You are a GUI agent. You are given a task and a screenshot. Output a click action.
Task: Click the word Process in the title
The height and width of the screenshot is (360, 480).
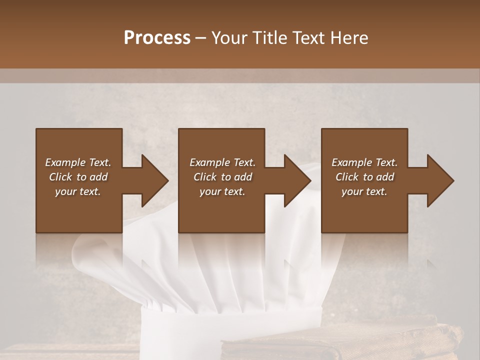pyautogui.click(x=157, y=38)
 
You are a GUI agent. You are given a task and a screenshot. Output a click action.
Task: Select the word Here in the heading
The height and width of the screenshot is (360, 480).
pyautogui.click(x=349, y=38)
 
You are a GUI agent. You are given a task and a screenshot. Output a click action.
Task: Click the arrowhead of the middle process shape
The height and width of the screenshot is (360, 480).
pyautogui.click(x=296, y=180)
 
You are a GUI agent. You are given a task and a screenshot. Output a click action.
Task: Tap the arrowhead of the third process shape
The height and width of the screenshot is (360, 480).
pyautogui.click(x=439, y=180)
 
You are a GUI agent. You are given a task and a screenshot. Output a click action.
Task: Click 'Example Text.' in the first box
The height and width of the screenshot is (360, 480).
pyautogui.click(x=78, y=162)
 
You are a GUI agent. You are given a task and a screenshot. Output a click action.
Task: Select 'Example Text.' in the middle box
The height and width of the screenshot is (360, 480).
pyautogui.click(x=222, y=162)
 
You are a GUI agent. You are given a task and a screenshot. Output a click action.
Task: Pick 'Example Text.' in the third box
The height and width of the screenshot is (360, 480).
pyautogui.click(x=364, y=162)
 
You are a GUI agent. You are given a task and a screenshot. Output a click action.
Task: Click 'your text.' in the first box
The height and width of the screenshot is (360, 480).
pyautogui.click(x=78, y=191)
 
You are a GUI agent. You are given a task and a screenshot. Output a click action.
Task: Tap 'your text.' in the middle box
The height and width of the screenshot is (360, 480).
pyautogui.click(x=222, y=191)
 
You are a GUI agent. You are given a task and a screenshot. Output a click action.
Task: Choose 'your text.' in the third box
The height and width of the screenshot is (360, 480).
pyautogui.click(x=364, y=191)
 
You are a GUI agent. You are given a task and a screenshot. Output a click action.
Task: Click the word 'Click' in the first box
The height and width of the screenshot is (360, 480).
pyautogui.click(x=60, y=177)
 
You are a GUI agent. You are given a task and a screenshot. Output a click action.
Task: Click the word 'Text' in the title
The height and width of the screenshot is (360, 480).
pyautogui.click(x=308, y=38)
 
